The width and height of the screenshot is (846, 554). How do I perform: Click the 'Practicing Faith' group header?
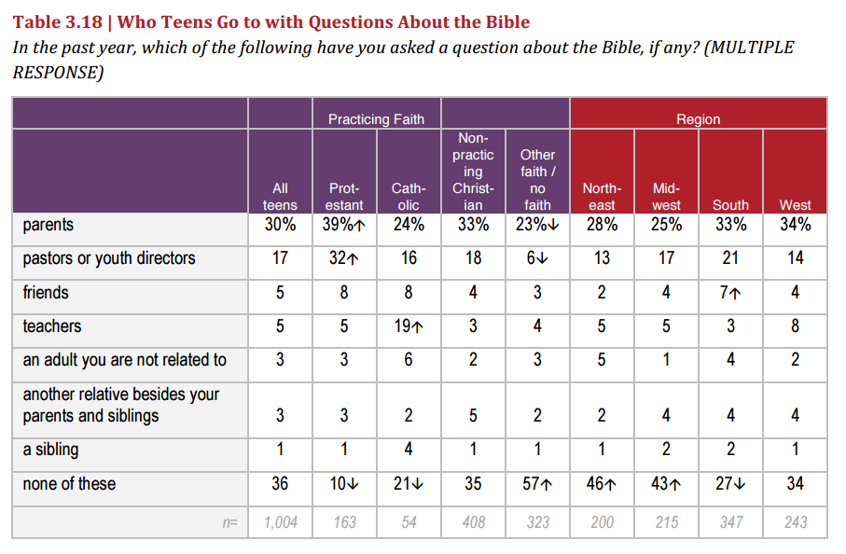pyautogui.click(x=376, y=119)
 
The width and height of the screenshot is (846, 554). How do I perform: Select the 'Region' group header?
pyautogui.click(x=698, y=119)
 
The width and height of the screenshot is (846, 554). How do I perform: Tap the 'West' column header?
pyautogui.click(x=795, y=204)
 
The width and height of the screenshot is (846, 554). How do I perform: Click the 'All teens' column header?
pyautogui.click(x=280, y=196)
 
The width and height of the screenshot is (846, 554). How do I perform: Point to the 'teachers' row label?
pyautogui.click(x=52, y=326)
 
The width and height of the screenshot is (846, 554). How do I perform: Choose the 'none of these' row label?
pyautogui.click(x=69, y=484)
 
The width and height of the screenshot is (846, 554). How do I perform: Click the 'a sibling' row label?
pyautogui.click(x=50, y=450)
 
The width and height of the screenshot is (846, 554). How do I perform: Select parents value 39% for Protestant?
pyautogui.click(x=343, y=225)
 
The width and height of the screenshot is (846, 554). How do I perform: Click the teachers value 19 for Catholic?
pyautogui.click(x=409, y=326)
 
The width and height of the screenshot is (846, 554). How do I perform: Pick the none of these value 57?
pyautogui.click(x=537, y=484)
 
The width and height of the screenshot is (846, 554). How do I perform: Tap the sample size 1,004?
pyautogui.click(x=280, y=522)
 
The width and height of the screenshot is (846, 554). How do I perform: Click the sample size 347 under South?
pyautogui.click(x=730, y=522)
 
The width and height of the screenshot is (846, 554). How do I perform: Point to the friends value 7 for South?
pyautogui.click(x=730, y=293)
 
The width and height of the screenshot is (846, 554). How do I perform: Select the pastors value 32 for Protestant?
pyautogui.click(x=343, y=258)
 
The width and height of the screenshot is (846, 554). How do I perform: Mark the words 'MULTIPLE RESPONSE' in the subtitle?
pyautogui.click(x=401, y=60)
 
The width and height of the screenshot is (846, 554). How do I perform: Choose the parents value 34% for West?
pyautogui.click(x=795, y=225)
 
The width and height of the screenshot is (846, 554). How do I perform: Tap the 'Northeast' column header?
pyautogui.click(x=602, y=196)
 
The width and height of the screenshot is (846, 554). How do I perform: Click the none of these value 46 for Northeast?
pyautogui.click(x=602, y=484)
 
